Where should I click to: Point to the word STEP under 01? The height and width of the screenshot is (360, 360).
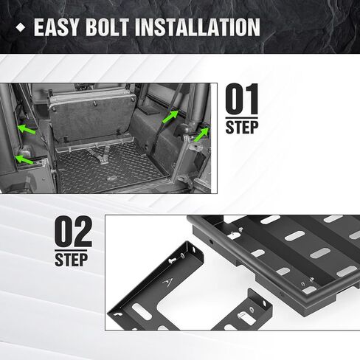pyautogui.click(x=242, y=127)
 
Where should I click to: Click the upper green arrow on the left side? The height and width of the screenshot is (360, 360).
pyautogui.click(x=27, y=129)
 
